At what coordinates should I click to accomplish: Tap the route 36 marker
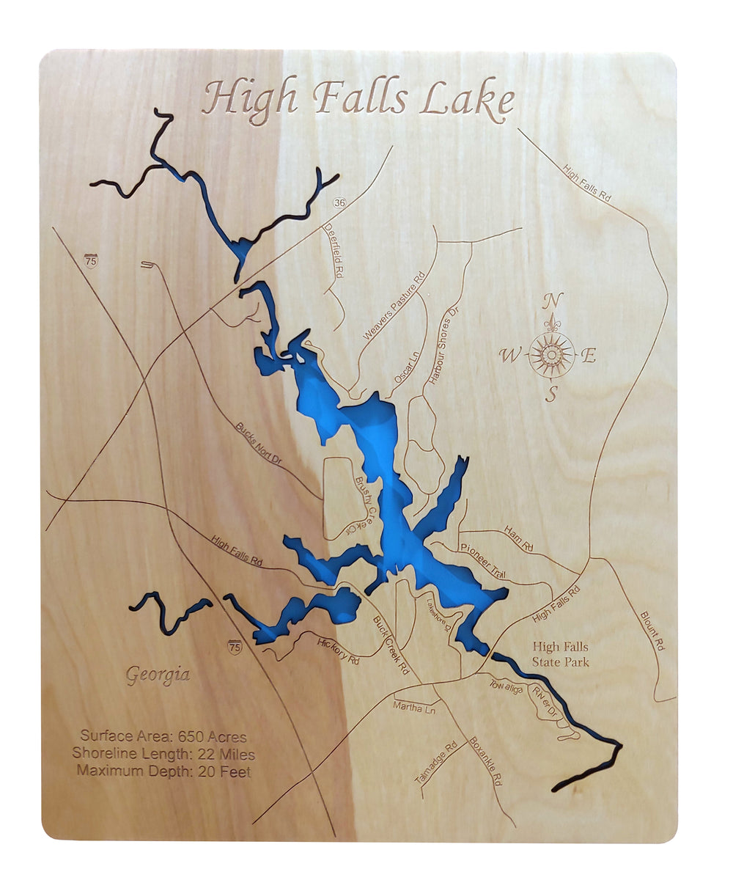pyautogui.click(x=339, y=202)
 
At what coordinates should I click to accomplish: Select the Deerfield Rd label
pyautogui.click(x=334, y=249)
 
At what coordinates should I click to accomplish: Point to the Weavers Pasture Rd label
pyautogui.click(x=394, y=307)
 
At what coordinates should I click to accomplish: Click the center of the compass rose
pyautogui.click(x=551, y=355)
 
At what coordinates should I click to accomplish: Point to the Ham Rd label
pyautogui.click(x=519, y=539)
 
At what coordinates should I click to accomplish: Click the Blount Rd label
pyautogui.click(x=652, y=631)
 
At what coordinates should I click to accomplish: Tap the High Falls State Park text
pyautogui.click(x=561, y=654)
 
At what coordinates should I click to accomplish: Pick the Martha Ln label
pyautogui.click(x=414, y=708)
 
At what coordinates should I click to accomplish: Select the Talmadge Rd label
pyautogui.click(x=435, y=763)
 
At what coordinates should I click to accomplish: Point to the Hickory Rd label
pyautogui.click(x=338, y=650)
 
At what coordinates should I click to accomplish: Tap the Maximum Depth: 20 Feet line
pyautogui.click(x=163, y=771)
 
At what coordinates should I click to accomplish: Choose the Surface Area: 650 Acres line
pyautogui.click(x=163, y=736)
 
